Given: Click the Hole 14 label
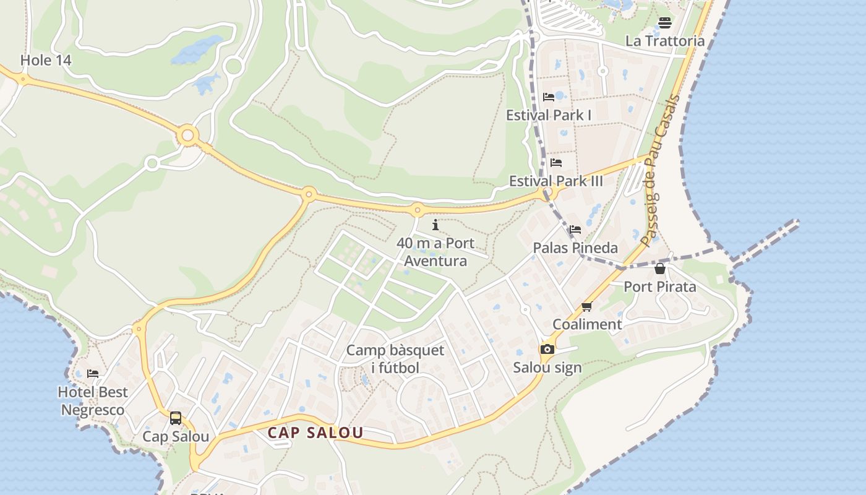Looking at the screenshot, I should tap(46, 60).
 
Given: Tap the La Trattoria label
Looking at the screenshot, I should tap(665, 41).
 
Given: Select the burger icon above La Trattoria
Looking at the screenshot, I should tap(665, 23).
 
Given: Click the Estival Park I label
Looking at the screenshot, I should tap(549, 115).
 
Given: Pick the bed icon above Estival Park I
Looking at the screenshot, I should tap(549, 97).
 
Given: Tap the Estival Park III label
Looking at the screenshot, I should tap(555, 181).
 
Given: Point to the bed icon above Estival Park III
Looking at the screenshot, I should tap(556, 163).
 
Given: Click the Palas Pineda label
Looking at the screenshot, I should tap(575, 247).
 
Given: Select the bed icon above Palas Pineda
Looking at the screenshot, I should tap(575, 230).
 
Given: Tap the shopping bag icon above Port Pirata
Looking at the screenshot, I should tap(660, 269).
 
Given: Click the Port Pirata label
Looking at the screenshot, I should tap(660, 286).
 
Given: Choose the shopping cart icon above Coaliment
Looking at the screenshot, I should tap(587, 306).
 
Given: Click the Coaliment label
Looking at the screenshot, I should tap(587, 324).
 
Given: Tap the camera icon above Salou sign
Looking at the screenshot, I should tap(547, 350).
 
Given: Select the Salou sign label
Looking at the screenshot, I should tap(547, 368).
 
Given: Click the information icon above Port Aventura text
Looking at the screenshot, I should tap(435, 225).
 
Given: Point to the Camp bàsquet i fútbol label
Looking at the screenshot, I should tap(395, 359).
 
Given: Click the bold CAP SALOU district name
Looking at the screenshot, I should tap(315, 433).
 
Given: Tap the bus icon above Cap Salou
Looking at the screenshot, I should tap(176, 418).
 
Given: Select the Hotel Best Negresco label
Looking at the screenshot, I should tap(93, 401).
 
